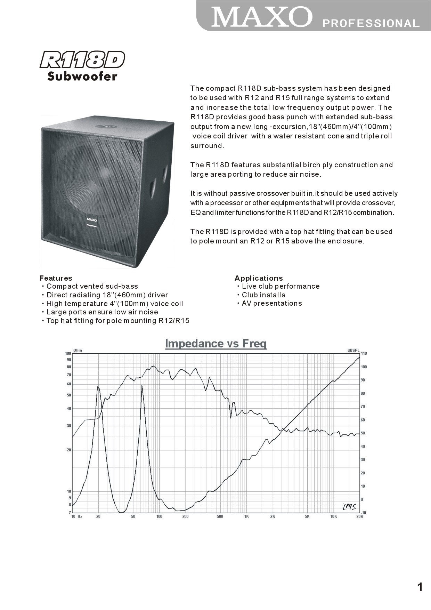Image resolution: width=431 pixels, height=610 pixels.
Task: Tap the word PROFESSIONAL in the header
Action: (x=371, y=23)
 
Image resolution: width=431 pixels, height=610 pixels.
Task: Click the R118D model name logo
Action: (x=82, y=60)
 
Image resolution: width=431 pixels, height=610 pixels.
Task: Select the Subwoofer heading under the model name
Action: (x=82, y=76)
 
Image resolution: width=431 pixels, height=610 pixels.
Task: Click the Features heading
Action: (x=56, y=278)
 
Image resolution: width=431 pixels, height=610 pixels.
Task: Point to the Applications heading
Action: (x=259, y=278)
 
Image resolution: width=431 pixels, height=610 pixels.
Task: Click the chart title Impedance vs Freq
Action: (x=216, y=344)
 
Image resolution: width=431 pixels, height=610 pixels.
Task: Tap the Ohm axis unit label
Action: (x=78, y=350)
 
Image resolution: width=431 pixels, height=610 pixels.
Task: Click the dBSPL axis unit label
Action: (x=353, y=350)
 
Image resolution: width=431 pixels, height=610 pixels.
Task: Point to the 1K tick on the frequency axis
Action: (x=246, y=517)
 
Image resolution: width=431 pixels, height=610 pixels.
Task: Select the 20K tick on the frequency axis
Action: (x=359, y=517)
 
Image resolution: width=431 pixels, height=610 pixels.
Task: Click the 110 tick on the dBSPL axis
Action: (x=364, y=354)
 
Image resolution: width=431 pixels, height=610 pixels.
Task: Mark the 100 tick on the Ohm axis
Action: (x=68, y=353)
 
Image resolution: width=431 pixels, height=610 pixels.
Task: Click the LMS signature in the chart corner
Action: (x=349, y=507)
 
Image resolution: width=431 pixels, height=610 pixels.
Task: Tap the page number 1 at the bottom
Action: (x=420, y=587)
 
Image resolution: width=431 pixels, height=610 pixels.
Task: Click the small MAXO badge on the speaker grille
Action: (x=92, y=220)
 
